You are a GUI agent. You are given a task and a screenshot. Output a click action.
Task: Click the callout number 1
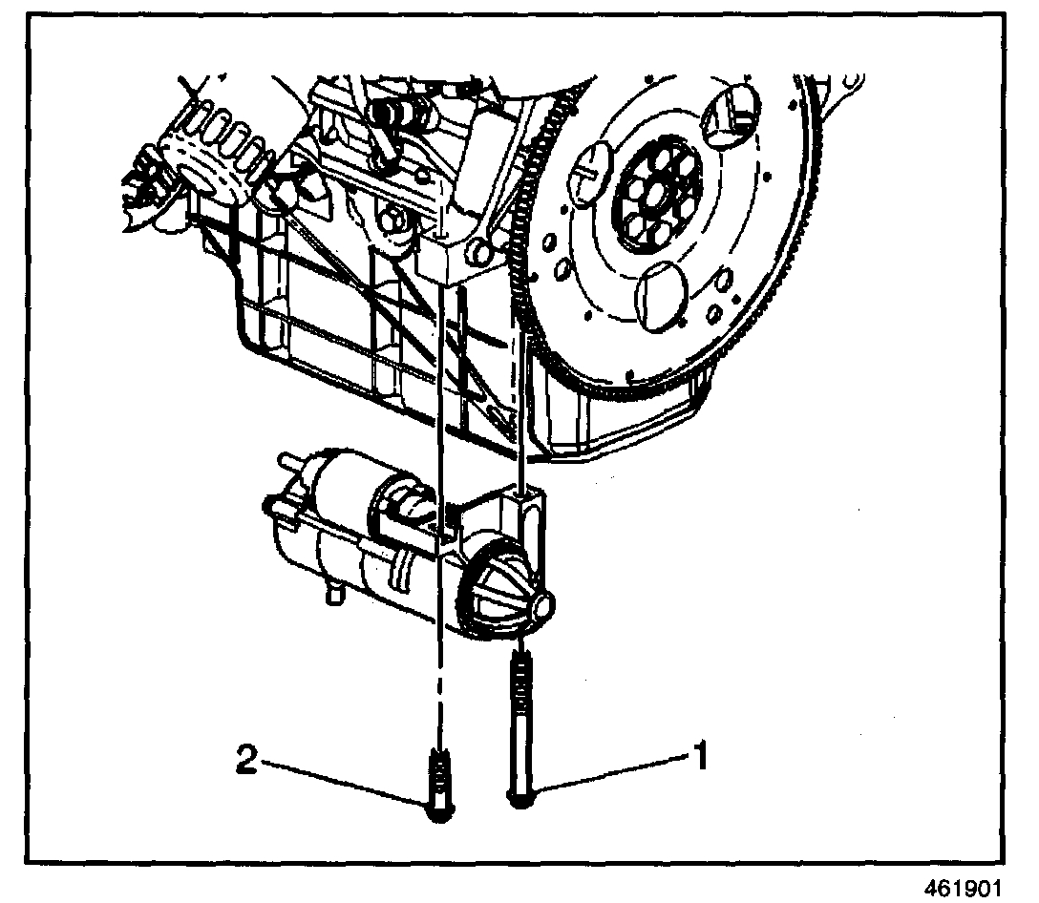point(700,758)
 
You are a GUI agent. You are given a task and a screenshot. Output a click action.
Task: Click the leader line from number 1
point(611,774)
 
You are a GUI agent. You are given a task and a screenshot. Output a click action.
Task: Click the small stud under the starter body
point(334,594)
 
